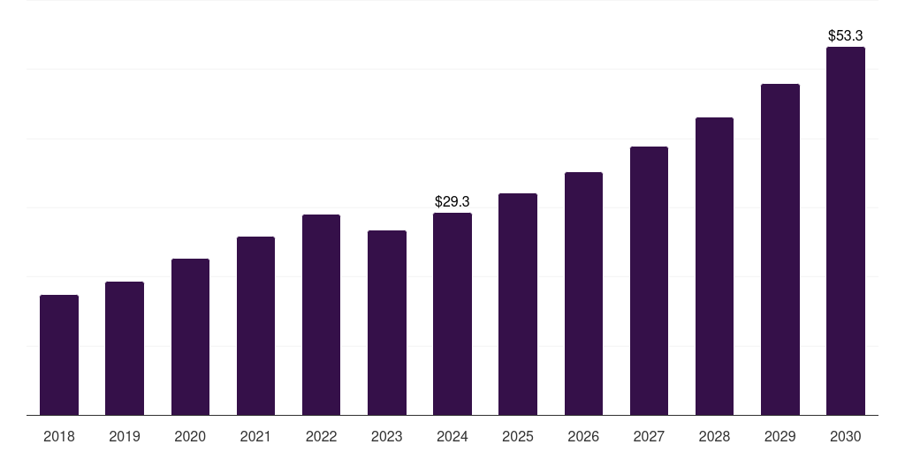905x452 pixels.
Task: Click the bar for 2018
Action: pyautogui.click(x=59, y=355)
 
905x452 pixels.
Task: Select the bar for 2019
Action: pyautogui.click(x=125, y=349)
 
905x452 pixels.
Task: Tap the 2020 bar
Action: pyautogui.click(x=190, y=337)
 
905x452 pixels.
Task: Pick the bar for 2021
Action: pyautogui.click(x=255, y=326)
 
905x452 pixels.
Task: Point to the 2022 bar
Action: pyautogui.click(x=321, y=315)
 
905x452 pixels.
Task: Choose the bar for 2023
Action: pyautogui.click(x=387, y=323)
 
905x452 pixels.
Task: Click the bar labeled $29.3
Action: pyautogui.click(x=452, y=314)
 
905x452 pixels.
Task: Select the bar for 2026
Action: pyautogui.click(x=583, y=294)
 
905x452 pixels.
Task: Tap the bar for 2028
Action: pyautogui.click(x=714, y=267)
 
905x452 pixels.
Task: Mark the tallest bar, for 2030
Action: pyautogui.click(x=846, y=231)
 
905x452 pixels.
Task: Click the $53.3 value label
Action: pyautogui.click(x=846, y=36)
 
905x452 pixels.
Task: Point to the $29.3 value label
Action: pyautogui.click(x=452, y=202)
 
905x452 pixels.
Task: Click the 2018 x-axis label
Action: pyautogui.click(x=59, y=437)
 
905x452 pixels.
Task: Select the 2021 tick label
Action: pyautogui.click(x=255, y=437)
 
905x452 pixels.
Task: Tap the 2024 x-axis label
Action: pyautogui.click(x=452, y=437)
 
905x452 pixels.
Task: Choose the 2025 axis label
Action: pyautogui.click(x=518, y=437)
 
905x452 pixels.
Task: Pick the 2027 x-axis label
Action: pyautogui.click(x=649, y=437)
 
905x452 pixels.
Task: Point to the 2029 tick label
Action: pyautogui.click(x=780, y=437)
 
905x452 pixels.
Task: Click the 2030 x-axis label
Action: pyautogui.click(x=846, y=437)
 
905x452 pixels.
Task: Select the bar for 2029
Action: pyautogui.click(x=780, y=250)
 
